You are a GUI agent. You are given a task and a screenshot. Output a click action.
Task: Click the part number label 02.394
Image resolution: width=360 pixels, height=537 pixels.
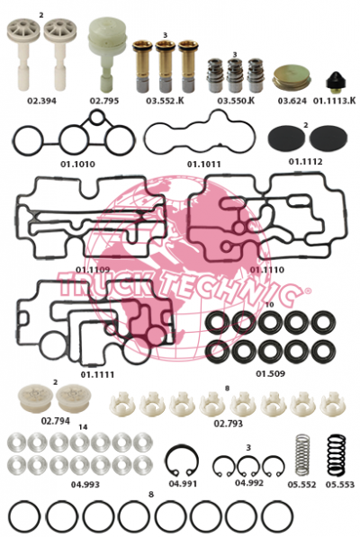click(x=41, y=101)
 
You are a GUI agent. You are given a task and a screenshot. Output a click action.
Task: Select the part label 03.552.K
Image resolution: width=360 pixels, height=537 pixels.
click(x=165, y=101)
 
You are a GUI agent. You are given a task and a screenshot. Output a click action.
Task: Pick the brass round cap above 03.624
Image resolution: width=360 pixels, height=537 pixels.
click(x=292, y=78)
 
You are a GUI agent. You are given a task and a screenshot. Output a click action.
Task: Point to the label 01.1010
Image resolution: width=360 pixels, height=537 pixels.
click(x=77, y=164)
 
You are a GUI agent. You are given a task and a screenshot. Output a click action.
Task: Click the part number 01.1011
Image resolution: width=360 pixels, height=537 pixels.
click(x=203, y=164)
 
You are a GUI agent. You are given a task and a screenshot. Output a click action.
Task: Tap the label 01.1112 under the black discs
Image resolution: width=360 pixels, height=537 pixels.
click(x=305, y=161)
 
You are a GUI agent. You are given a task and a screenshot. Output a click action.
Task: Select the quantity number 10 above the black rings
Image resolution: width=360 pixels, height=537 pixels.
click(x=270, y=304)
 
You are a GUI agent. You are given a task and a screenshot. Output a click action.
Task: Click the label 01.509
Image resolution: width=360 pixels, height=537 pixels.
click(x=271, y=373)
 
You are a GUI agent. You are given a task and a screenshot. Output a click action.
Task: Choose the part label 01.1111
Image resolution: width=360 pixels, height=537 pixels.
click(x=97, y=374)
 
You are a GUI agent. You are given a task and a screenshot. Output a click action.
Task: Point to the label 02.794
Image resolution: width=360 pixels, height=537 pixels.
click(x=56, y=421)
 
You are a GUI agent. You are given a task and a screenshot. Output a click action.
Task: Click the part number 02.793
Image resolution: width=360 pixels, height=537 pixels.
click(x=228, y=424)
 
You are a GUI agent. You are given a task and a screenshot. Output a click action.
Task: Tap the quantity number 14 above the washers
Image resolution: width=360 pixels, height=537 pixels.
click(x=83, y=427)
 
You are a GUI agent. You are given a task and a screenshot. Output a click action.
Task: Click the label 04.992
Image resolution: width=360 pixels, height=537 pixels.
click(x=249, y=482)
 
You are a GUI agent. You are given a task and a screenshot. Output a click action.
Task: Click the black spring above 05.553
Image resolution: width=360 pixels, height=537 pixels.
click(x=337, y=455)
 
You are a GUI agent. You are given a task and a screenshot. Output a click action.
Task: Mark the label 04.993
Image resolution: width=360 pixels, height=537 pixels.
click(x=85, y=485)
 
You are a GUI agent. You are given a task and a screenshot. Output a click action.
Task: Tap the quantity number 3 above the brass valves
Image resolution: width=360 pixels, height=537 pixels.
click(x=165, y=35)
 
